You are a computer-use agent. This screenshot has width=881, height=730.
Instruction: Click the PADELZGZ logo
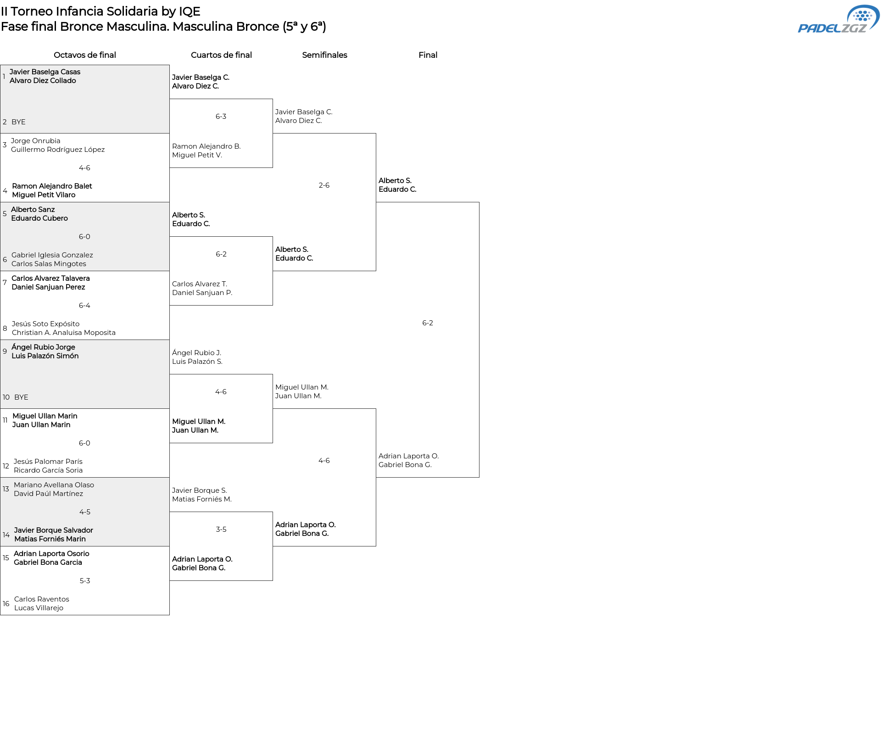click(x=838, y=19)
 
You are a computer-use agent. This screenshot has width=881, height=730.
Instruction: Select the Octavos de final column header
click(x=85, y=55)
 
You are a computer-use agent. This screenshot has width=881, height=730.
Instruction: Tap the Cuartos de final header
click(x=221, y=55)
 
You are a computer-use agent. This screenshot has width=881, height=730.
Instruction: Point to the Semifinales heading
click(x=324, y=55)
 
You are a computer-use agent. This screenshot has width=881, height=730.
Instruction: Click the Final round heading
click(x=428, y=55)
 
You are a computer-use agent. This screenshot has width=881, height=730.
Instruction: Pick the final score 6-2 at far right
click(x=428, y=323)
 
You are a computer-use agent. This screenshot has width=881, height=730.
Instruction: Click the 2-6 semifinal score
click(x=324, y=185)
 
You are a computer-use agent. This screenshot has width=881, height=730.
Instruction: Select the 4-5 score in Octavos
click(x=85, y=512)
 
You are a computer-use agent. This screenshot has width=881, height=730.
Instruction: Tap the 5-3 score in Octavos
click(x=85, y=581)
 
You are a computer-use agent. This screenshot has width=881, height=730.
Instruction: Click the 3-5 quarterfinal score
click(x=221, y=529)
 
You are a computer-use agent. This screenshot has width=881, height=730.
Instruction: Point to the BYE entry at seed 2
click(x=18, y=122)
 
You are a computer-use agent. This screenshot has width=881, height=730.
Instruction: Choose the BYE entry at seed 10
click(x=21, y=397)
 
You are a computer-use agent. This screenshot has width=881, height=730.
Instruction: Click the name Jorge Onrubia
click(x=36, y=141)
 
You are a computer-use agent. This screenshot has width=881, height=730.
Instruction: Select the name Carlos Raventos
click(x=42, y=599)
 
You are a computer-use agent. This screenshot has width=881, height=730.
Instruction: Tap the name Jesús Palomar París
click(x=48, y=462)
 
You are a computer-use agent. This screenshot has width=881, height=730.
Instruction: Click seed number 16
click(x=6, y=604)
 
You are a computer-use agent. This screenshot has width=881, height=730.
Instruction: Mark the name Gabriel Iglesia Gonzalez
click(x=52, y=255)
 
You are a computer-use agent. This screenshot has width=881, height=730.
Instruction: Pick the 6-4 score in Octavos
click(x=84, y=306)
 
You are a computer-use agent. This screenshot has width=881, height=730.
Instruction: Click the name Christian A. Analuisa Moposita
click(x=64, y=333)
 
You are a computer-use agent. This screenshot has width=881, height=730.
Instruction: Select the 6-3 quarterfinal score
click(x=221, y=117)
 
